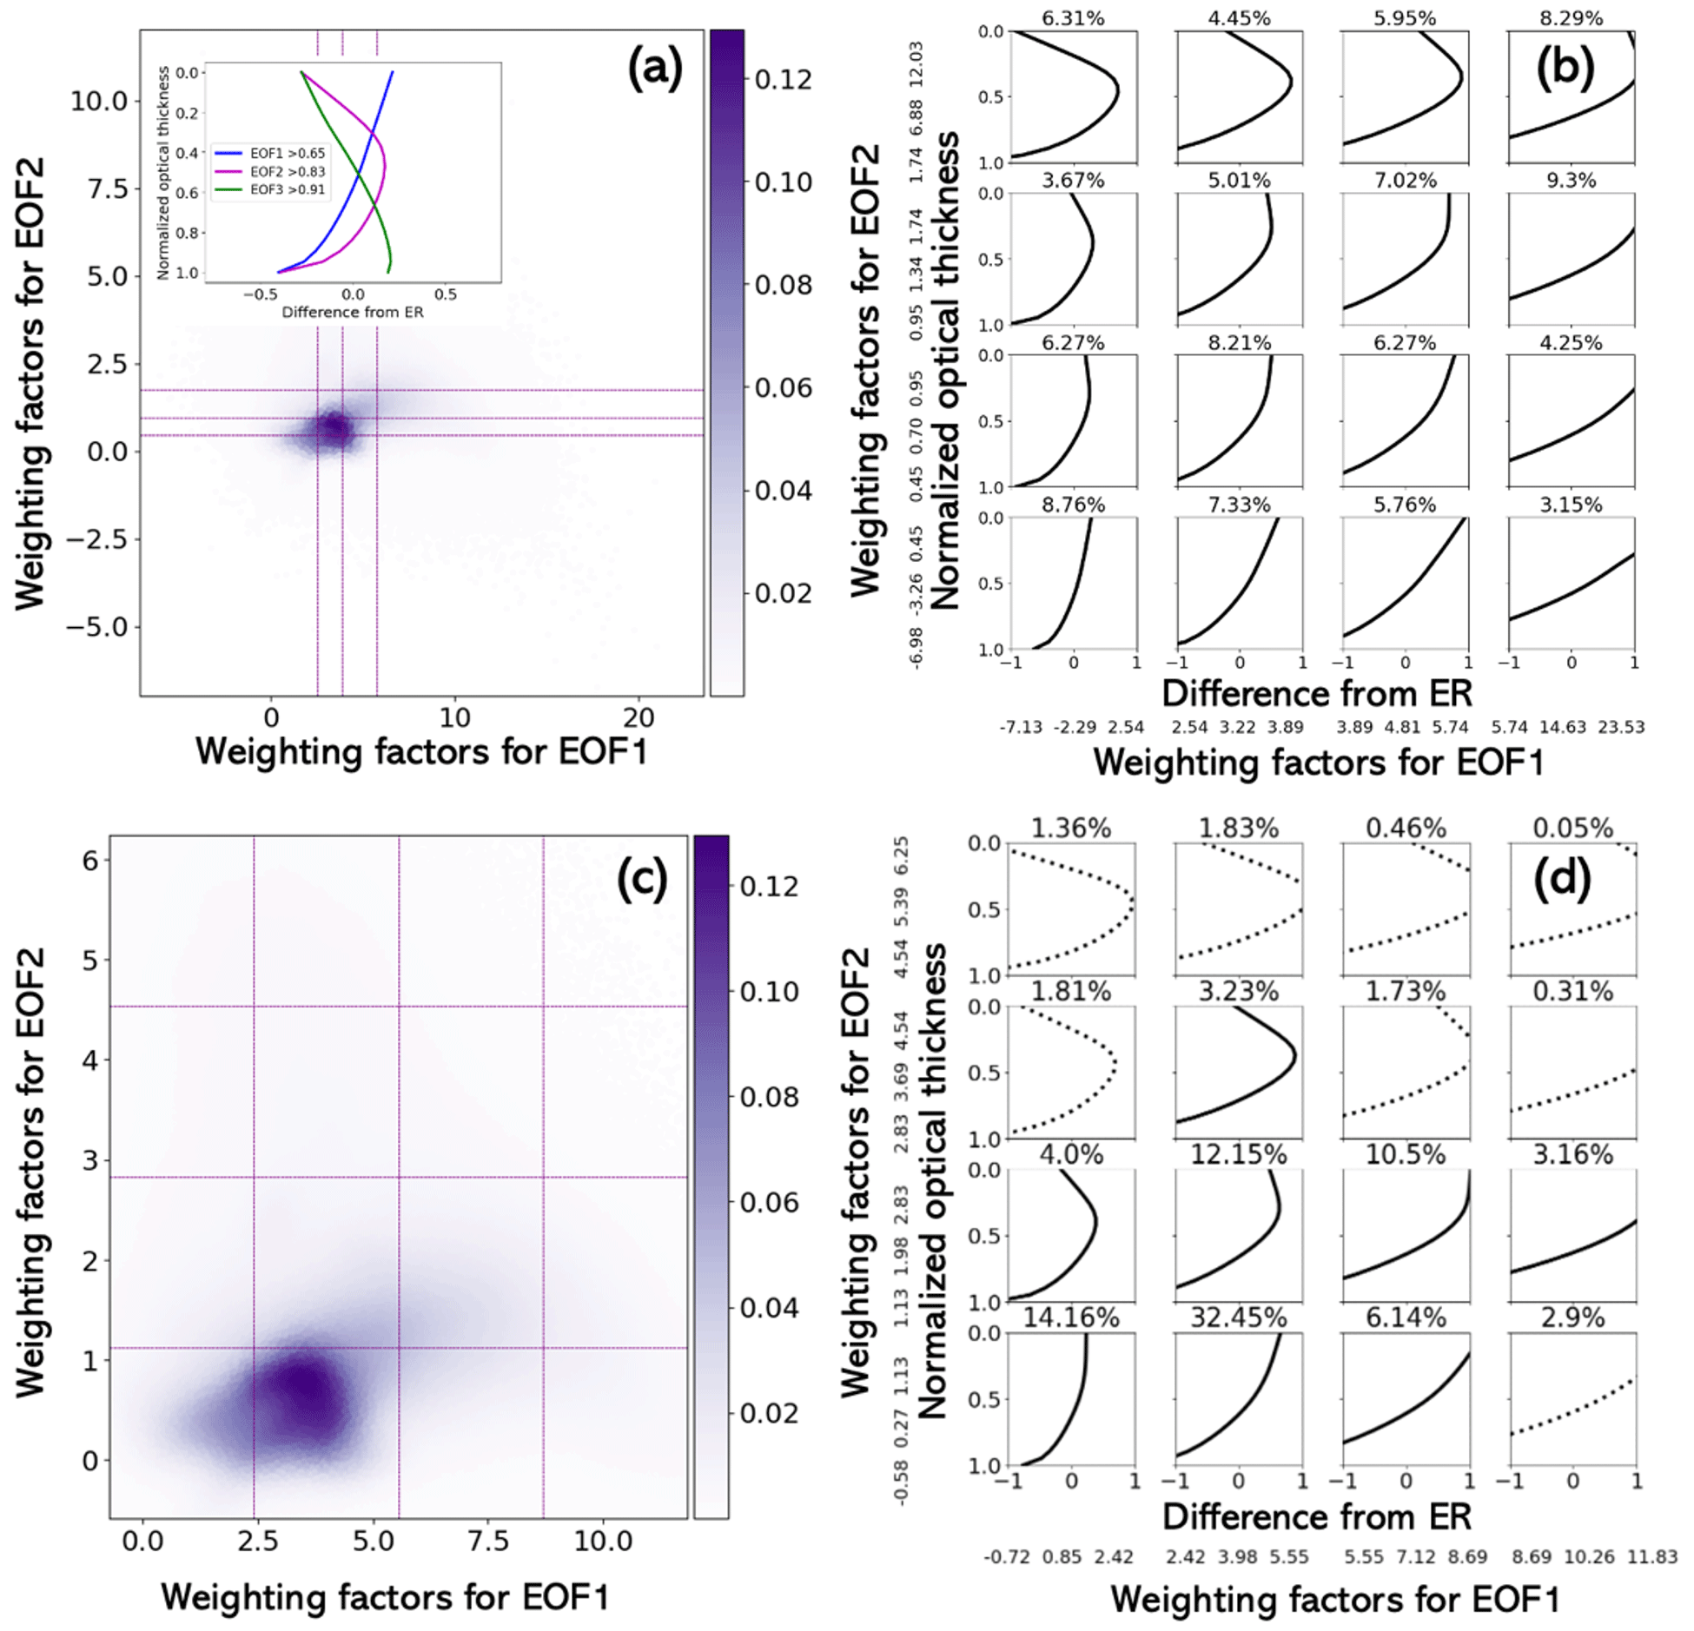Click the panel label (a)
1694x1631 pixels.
[x=655, y=69]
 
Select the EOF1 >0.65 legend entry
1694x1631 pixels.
[x=288, y=154]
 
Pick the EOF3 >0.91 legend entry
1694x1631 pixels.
[x=288, y=189]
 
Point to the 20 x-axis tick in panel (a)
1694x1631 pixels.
[x=639, y=717]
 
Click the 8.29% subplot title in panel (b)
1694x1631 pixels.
[x=1571, y=17]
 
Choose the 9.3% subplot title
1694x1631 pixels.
[x=1571, y=181]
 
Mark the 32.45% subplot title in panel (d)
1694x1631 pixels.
[x=1238, y=1317]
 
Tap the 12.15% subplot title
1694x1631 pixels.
[x=1238, y=1154]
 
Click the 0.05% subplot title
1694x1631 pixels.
[x=1572, y=828]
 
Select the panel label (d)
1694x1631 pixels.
[x=1562, y=879]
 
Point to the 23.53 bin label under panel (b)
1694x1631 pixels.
[x=1621, y=727]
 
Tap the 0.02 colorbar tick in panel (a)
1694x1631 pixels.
[x=783, y=593]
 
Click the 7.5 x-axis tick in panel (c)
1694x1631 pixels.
[x=488, y=1541]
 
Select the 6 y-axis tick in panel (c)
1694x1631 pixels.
[x=90, y=860]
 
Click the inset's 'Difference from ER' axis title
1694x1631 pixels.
[x=353, y=312]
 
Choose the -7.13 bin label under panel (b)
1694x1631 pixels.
[x=1020, y=727]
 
